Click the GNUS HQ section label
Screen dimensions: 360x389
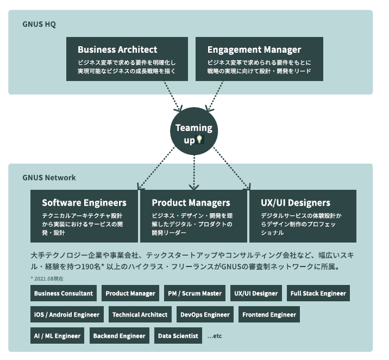pos(39,24)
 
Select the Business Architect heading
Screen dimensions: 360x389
pos(117,50)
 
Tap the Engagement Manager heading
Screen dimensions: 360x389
pos(254,50)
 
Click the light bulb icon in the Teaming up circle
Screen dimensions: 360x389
pos(199,140)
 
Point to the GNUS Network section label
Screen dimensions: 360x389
pos(49,178)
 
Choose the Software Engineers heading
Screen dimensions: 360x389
pos(84,203)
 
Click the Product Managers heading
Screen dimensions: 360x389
pos(191,203)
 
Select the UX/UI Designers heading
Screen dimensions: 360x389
pos(296,203)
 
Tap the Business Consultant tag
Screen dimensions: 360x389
pos(64,294)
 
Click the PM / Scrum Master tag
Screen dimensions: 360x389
pos(194,294)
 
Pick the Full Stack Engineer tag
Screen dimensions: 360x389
pos(318,294)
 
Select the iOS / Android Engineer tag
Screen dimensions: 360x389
pos(67,315)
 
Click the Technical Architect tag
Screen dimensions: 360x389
pos(140,315)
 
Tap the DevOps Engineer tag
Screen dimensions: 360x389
pos(205,315)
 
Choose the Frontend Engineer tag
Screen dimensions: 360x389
pos(269,315)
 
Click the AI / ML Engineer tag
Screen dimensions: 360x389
pos(57,336)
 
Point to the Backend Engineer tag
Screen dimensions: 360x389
pos(119,336)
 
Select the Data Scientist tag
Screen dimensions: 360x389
pos(178,336)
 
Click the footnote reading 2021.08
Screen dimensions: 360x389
pos(48,279)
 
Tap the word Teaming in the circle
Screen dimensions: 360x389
pos(194,128)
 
